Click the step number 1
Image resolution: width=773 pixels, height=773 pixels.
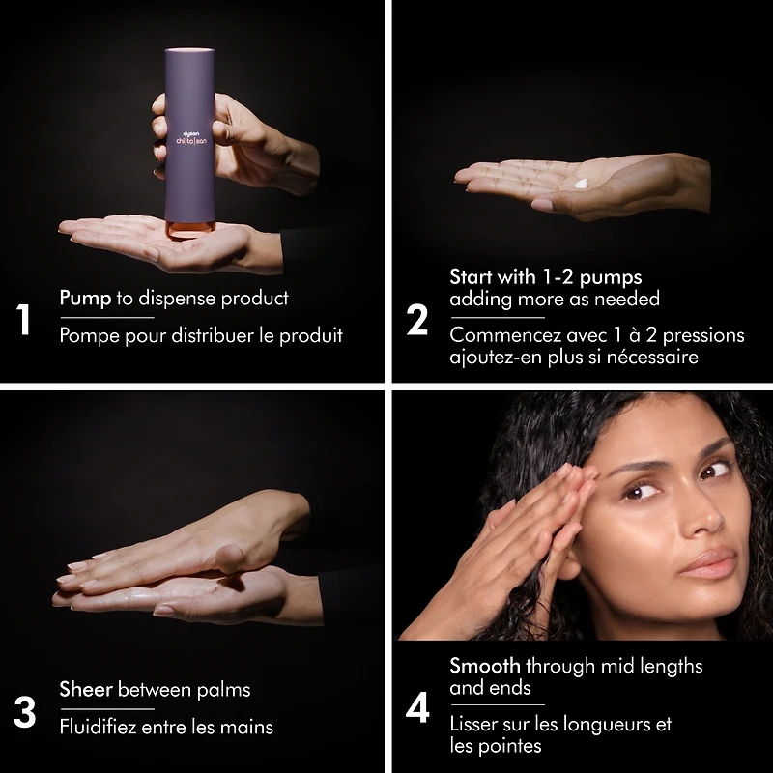tap(23, 320)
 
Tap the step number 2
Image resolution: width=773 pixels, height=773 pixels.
tap(417, 320)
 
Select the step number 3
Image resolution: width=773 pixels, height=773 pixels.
tap(25, 712)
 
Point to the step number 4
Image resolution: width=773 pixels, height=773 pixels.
tap(417, 708)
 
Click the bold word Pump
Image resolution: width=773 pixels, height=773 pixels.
tap(85, 299)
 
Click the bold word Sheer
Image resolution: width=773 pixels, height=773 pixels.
tap(86, 689)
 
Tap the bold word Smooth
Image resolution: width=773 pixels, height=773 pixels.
tap(485, 666)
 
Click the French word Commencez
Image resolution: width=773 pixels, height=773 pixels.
tap(505, 335)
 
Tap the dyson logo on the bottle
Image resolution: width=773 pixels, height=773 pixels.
tap(191, 133)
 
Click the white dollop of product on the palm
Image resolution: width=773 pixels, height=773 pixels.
tap(581, 184)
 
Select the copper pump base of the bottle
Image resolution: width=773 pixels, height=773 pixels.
tap(189, 229)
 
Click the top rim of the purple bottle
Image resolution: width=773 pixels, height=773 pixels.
tap(189, 50)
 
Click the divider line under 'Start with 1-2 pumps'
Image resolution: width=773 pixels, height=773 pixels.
tap(497, 318)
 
